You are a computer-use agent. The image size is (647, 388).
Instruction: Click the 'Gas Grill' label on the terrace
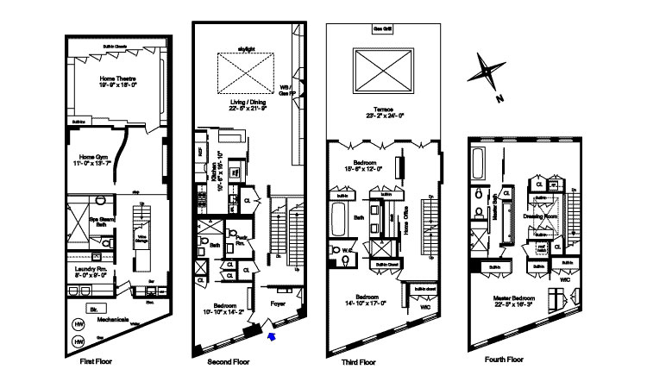tap(383, 28)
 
